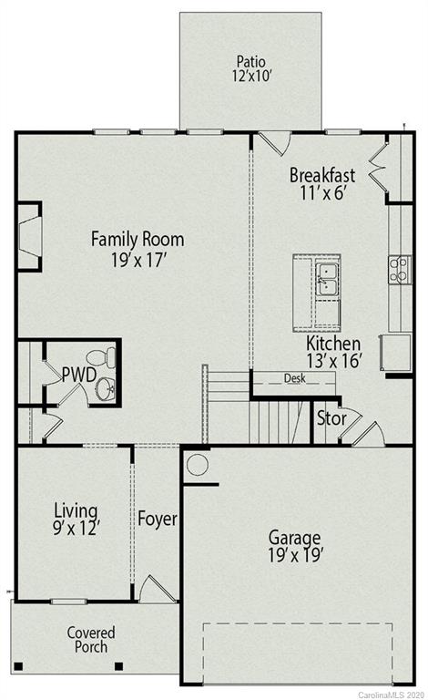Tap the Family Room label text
coord(137,249)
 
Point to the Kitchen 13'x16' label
coord(333,352)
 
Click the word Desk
coord(293,377)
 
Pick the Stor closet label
coord(330,419)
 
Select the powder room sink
coord(106,389)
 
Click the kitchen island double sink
coord(327,278)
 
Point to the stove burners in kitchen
coord(399,269)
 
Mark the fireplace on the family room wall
coord(29,237)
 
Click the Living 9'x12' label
coord(76,518)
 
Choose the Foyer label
coord(158,520)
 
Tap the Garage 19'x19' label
coord(297,544)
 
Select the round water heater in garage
coord(198,466)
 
